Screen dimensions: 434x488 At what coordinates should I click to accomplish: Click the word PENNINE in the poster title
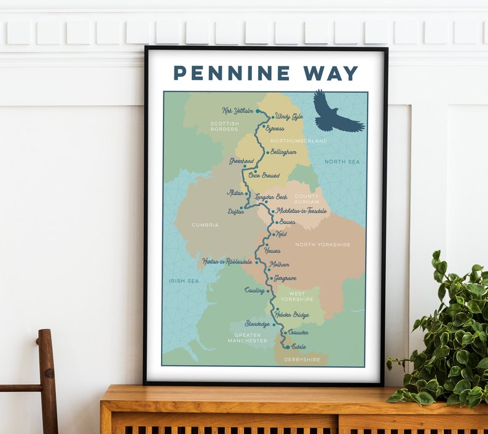tap(232, 73)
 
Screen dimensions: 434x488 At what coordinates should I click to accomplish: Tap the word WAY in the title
tap(330, 73)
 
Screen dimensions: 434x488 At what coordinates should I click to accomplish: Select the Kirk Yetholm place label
tap(238, 111)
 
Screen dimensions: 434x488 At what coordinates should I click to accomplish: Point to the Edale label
tap(299, 347)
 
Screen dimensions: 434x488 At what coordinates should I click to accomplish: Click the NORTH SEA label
tap(342, 162)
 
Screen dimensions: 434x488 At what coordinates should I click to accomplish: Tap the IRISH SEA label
tap(184, 281)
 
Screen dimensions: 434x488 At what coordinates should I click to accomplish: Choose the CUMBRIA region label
tap(205, 225)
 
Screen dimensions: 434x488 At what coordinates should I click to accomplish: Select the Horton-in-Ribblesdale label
tap(227, 261)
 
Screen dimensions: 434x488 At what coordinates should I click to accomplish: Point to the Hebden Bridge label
tap(292, 315)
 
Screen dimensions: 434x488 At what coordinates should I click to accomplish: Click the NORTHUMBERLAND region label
tap(299, 141)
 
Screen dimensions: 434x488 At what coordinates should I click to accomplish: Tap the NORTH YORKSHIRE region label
tap(323, 245)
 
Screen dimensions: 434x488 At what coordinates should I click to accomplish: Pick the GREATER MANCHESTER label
tap(247, 337)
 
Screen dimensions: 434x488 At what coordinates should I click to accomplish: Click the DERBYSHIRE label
tap(302, 360)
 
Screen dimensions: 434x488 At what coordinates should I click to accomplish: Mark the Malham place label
tap(278, 264)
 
